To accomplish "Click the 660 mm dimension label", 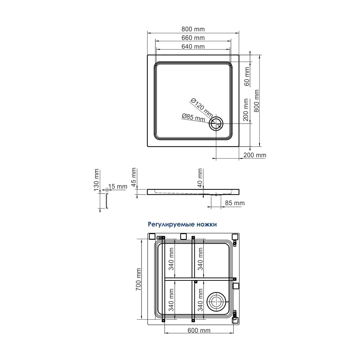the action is click(193, 38).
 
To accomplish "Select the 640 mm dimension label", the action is click(193, 46).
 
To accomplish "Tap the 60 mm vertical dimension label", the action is click(247, 76).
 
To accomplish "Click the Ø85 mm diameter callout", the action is click(193, 118).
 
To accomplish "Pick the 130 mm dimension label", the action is click(96, 180).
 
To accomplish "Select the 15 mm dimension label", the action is click(118, 186).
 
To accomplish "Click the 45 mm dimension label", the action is click(134, 177).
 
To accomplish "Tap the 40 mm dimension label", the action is click(200, 178).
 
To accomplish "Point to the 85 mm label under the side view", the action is click(235, 203).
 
